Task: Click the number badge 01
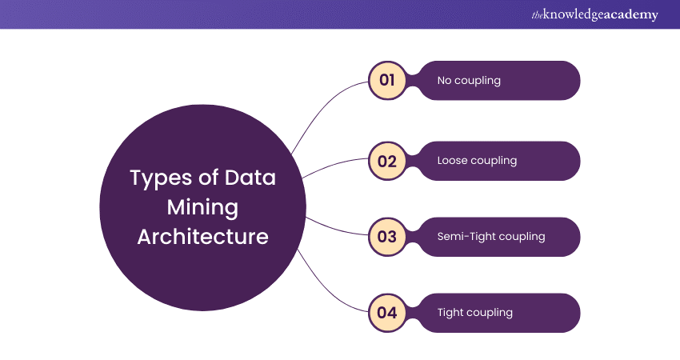point(387,80)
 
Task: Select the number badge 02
point(387,161)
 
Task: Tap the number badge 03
point(387,237)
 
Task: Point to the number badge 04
point(387,312)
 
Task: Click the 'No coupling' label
point(469,81)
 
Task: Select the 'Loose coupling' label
point(477,161)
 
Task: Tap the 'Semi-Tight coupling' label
point(490,237)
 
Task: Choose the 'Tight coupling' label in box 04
point(474,313)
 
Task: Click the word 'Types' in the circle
point(158,178)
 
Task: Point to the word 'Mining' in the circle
point(202,207)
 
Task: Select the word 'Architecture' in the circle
point(202,237)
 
